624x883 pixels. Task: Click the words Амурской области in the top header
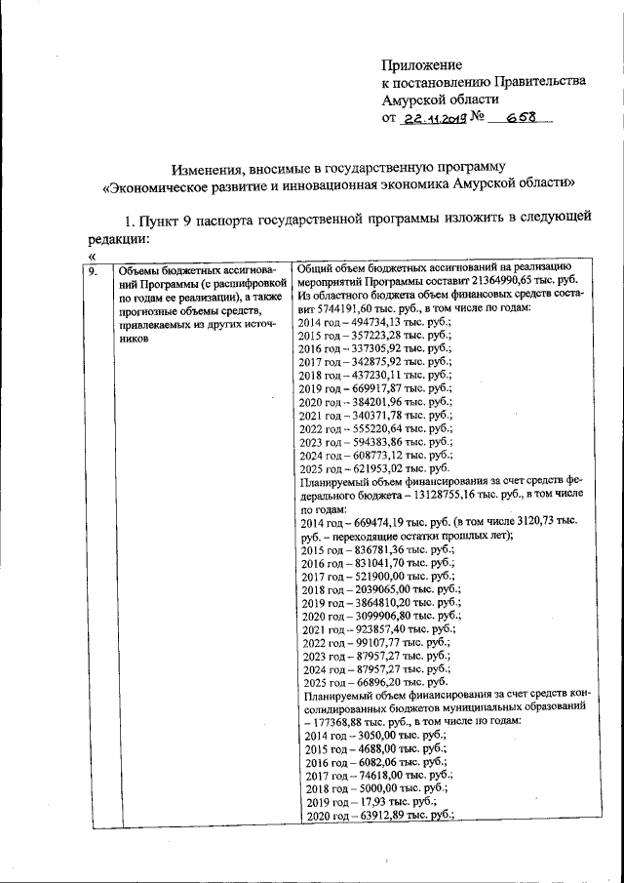click(440, 99)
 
